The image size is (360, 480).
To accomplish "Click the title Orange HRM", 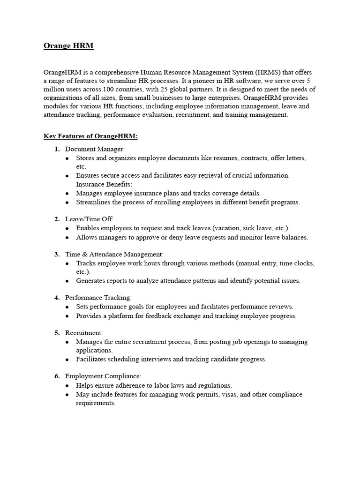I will coord(68,45).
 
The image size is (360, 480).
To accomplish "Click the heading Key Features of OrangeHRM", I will coord(91,136).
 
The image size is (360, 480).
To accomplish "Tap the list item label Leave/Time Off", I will coord(90,219).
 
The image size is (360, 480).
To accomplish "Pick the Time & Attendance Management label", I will coord(114,254).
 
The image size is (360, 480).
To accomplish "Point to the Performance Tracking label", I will coord(98,297).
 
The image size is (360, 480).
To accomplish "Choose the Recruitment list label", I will coord(84,332).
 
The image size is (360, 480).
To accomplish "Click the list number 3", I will coord(57,254).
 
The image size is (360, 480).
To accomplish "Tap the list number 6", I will coord(57,376).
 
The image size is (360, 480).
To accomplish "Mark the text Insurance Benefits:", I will coord(104,184).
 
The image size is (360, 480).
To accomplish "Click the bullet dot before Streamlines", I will coord(67,202).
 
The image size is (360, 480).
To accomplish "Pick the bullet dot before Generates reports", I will coord(67,281).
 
